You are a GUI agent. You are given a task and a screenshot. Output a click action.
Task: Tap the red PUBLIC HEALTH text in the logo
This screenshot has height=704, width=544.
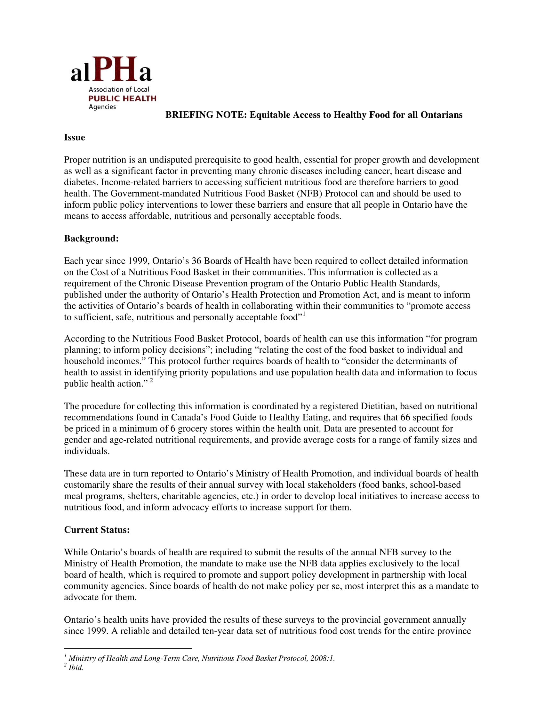pos(122,98)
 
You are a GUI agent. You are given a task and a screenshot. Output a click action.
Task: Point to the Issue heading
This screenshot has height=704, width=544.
pos(75,137)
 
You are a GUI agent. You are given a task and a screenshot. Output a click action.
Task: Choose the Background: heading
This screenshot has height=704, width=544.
pos(91,238)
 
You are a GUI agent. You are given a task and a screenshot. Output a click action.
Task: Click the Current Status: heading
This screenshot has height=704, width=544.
pos(97,530)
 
